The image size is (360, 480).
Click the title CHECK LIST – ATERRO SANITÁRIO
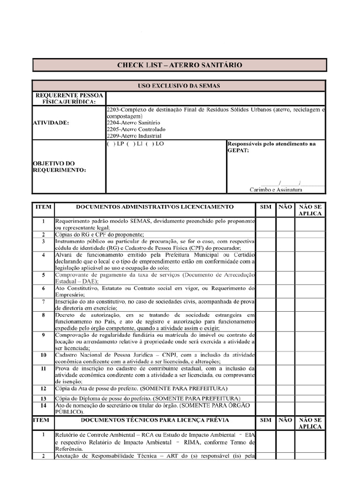coord(180,65)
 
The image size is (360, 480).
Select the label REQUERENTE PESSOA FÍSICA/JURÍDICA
coord(69,98)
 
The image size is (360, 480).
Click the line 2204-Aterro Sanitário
coord(134,122)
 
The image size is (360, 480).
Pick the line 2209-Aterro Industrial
coord(134,135)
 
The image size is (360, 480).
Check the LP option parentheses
coord(111,144)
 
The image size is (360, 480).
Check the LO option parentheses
coord(150,144)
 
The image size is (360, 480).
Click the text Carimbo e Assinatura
coord(275,190)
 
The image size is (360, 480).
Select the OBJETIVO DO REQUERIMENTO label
coord(60,166)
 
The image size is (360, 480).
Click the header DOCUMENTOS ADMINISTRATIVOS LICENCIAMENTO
coord(155,207)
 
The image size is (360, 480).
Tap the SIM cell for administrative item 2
coord(265,234)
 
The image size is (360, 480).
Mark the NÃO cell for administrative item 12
coord(285,389)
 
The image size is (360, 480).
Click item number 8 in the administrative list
coord(43,315)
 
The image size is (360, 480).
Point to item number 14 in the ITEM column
coord(43,405)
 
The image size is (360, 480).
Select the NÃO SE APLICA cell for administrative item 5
coord(310,277)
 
